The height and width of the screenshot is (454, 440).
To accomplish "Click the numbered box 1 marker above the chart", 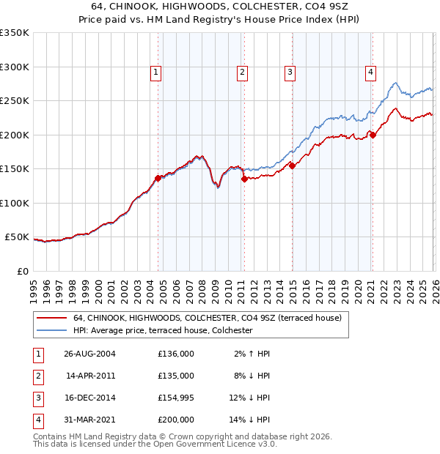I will coord(157,72).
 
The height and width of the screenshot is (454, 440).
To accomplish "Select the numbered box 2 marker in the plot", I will coord(242,72).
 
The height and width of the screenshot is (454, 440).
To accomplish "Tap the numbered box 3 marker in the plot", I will coord(290,72).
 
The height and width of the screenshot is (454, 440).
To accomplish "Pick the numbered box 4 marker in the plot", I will coord(371,72).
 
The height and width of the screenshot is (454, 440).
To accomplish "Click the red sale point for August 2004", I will coord(158,178).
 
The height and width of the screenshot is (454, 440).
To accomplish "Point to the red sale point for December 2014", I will coord(292,165).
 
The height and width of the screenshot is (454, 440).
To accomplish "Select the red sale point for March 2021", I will coord(373,135).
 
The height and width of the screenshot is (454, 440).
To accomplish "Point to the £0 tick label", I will coord(22,271).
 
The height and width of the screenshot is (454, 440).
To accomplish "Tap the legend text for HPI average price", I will coord(163,330).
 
